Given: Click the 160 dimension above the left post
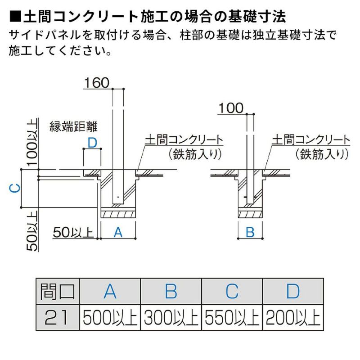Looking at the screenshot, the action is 97,83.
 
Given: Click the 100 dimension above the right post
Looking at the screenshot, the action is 231,108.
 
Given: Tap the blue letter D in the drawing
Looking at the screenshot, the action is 92,143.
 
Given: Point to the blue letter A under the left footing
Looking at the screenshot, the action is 118,232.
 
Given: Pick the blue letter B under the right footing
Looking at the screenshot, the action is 250,232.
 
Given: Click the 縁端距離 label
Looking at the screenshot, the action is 73,126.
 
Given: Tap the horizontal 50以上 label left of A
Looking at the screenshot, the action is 73,232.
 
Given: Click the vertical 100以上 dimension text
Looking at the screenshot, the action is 32,142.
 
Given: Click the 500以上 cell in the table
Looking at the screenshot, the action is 110,318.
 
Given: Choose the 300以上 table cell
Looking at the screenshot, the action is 171,318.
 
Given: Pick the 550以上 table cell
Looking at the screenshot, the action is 232,318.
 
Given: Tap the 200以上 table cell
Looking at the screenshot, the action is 293,318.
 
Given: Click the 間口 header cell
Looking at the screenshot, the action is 58,292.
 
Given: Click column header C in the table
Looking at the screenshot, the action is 232,292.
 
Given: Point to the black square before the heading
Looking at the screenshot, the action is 15,17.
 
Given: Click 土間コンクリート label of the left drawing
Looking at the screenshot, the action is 184,140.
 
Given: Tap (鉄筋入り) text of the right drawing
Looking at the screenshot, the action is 322,154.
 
